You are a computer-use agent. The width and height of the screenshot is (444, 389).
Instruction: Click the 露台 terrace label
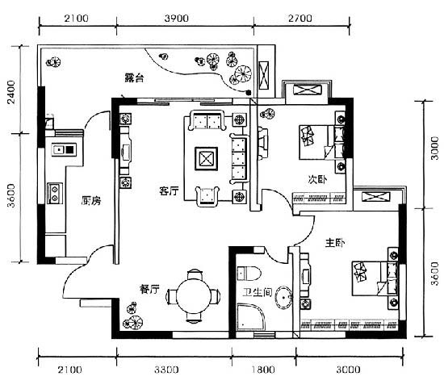pos(134,77)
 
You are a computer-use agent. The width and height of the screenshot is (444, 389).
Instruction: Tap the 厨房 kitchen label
pos(91,200)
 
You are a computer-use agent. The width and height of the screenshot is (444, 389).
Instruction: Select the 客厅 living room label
pos(169,190)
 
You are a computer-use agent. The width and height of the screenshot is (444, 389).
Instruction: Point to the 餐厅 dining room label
pos(149,289)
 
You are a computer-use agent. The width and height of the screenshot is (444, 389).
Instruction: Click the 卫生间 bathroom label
pos(258,292)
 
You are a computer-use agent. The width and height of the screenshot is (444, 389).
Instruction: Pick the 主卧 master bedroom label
pos(335,243)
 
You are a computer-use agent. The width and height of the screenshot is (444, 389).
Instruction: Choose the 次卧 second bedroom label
pos(317,179)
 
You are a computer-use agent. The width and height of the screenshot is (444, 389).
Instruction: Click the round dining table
pos(194,295)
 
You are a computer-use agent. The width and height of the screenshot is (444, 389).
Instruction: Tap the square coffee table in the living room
pos(207,159)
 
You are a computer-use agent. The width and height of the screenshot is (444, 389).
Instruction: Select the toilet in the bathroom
pos(249,274)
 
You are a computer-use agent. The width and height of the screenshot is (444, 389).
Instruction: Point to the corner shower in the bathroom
pos(251,317)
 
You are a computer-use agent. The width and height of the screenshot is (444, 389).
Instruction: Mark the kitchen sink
pos(64,149)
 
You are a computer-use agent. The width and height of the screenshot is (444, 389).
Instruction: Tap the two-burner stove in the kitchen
pos(55,194)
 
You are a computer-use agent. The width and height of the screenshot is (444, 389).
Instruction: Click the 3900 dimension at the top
pos(177,19)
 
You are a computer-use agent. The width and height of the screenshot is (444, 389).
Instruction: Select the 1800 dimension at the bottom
pos(263,370)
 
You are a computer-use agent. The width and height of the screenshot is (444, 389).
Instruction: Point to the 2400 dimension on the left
pos(11,92)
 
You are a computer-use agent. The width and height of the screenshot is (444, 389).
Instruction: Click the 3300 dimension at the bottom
pos(166,370)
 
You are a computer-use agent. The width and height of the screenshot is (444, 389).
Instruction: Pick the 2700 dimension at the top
pos(300,19)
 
